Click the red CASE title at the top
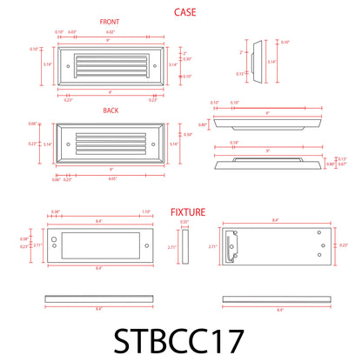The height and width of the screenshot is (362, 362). [184, 12]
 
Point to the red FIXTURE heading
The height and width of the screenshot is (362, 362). [188, 211]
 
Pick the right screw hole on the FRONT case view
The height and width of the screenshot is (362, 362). [155, 65]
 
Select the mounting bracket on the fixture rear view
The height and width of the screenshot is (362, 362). [231, 248]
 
